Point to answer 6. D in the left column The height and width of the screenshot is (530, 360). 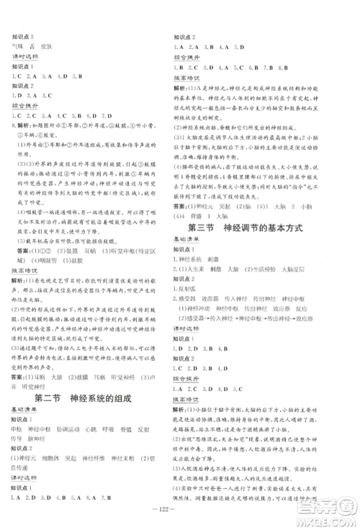[91, 112]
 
